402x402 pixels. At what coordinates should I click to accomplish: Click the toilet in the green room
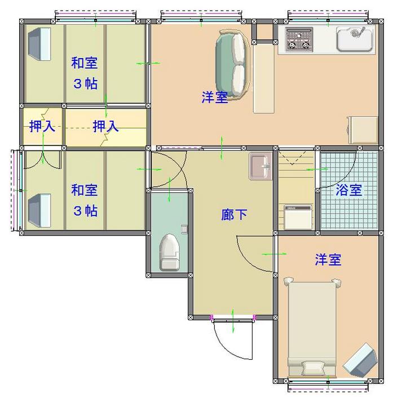click(170, 252)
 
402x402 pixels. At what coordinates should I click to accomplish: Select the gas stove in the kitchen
click(299, 39)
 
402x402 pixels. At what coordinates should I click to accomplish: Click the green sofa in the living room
click(232, 65)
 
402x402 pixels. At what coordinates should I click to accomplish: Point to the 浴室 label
click(348, 190)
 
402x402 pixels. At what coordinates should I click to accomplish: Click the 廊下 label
click(234, 215)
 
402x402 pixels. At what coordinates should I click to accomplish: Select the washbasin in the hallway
click(260, 166)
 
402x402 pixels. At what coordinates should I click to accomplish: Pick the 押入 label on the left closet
click(42, 126)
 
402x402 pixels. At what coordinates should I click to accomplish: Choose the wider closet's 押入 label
click(105, 126)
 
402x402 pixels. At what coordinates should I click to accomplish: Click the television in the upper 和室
click(39, 44)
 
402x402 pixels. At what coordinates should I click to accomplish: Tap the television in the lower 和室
click(39, 210)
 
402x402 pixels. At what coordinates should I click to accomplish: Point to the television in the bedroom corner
click(360, 360)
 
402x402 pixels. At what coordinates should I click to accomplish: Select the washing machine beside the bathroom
click(298, 217)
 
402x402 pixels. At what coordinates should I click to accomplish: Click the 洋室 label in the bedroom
click(328, 259)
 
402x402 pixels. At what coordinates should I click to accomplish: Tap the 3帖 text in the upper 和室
click(85, 83)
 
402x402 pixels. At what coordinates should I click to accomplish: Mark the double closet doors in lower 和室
click(42, 160)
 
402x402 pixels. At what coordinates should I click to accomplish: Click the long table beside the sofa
click(264, 78)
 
